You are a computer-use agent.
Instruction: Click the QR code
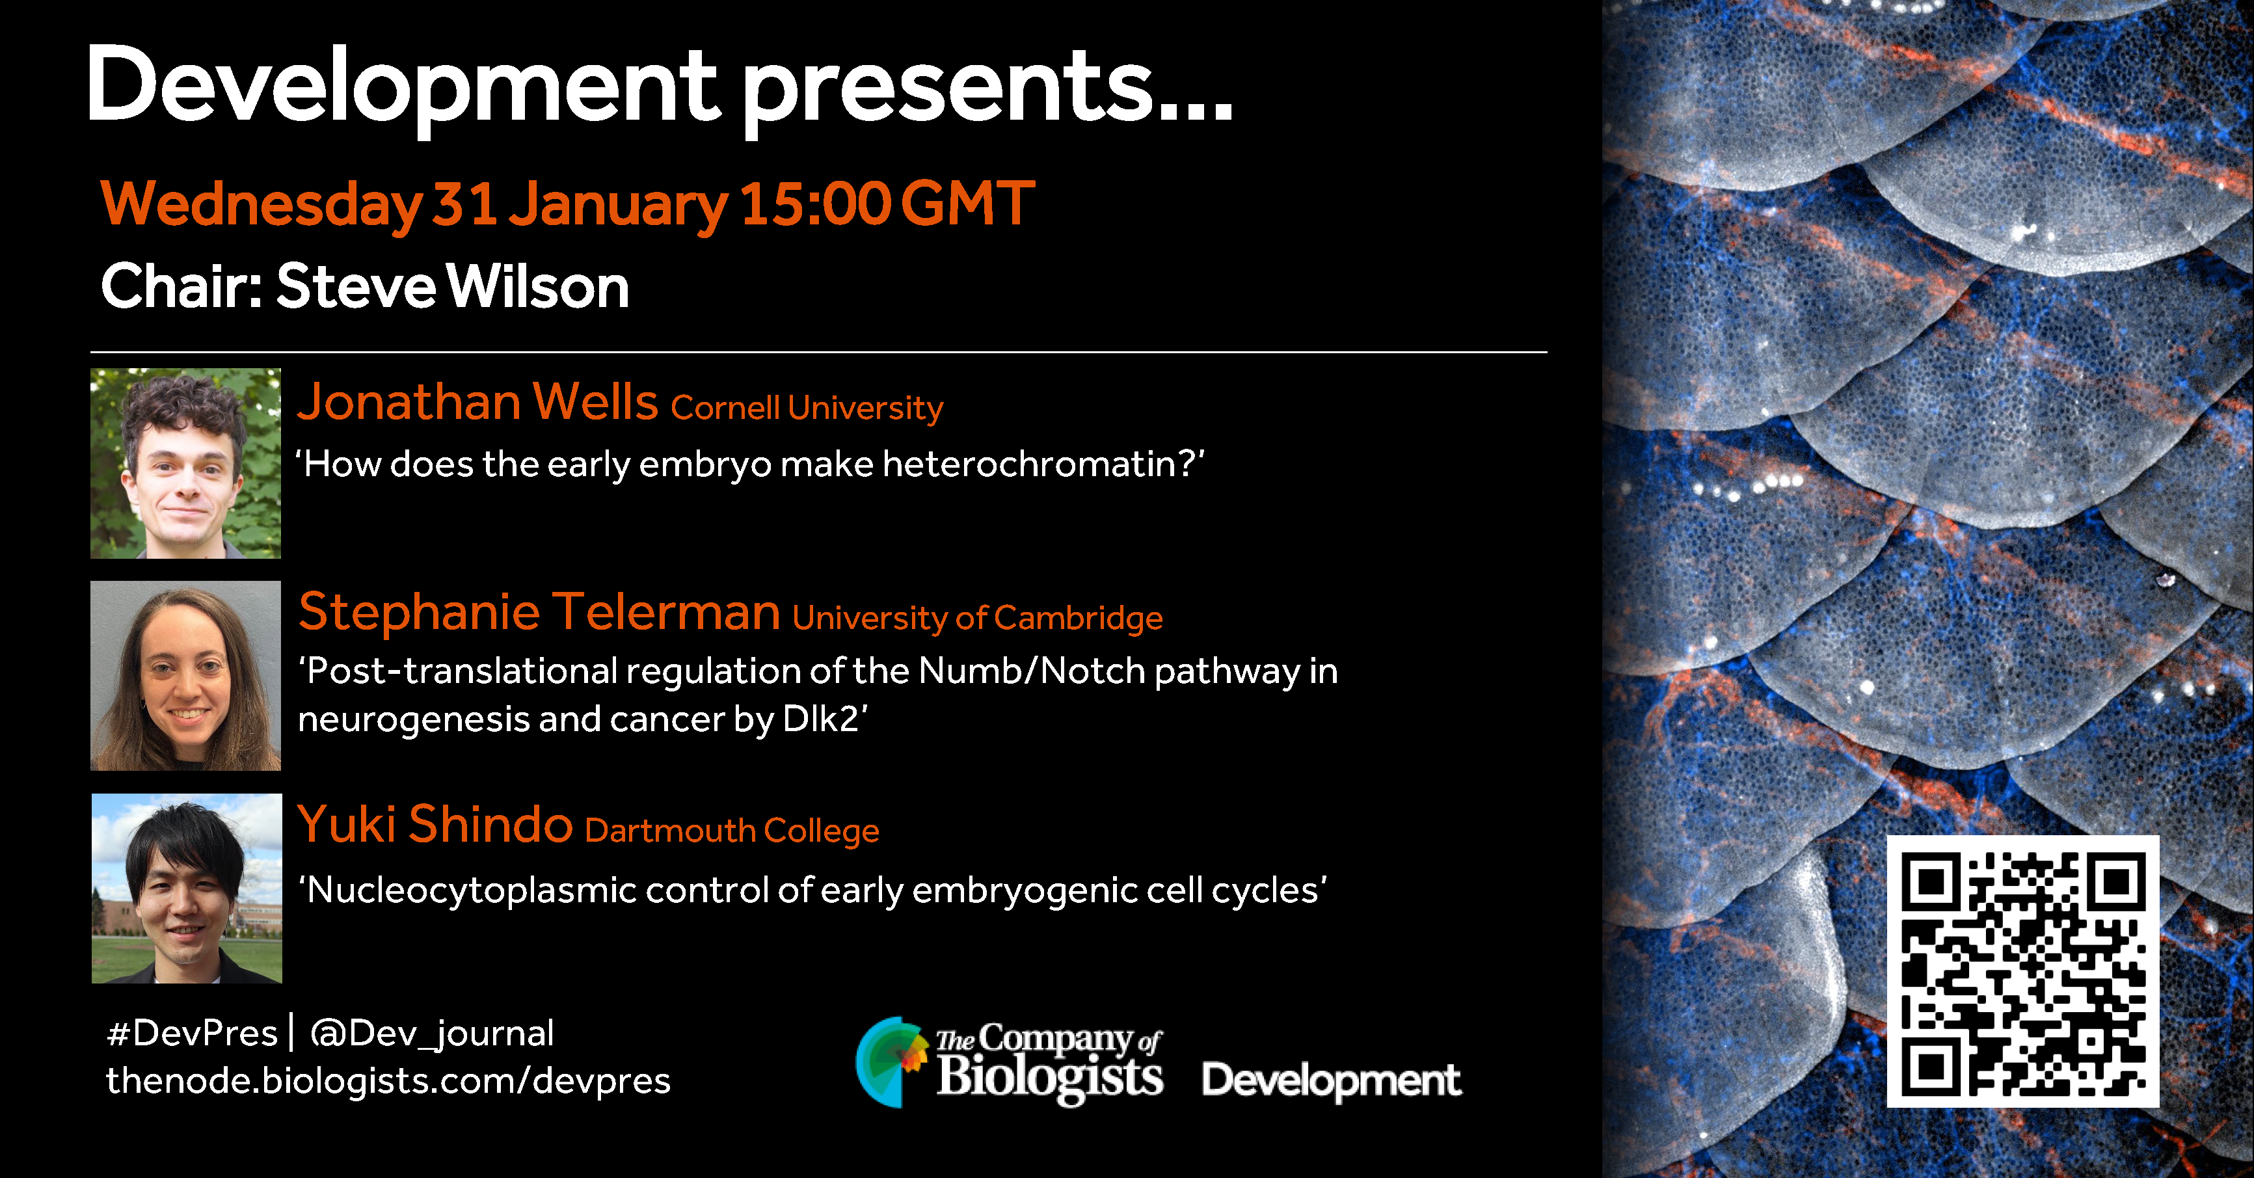2023,971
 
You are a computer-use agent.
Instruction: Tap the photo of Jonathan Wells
185,463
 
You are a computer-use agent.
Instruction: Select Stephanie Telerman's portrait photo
185,676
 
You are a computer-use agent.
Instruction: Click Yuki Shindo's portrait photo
187,889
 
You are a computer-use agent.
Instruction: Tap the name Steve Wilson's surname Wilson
538,286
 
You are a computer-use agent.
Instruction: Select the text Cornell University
807,408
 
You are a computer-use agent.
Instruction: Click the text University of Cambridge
977,619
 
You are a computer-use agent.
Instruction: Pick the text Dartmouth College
732,831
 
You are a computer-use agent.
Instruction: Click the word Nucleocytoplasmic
472,891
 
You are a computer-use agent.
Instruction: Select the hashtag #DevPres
192,1034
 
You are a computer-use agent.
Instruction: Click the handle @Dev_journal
432,1034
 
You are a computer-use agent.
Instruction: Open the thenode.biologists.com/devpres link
388,1082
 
